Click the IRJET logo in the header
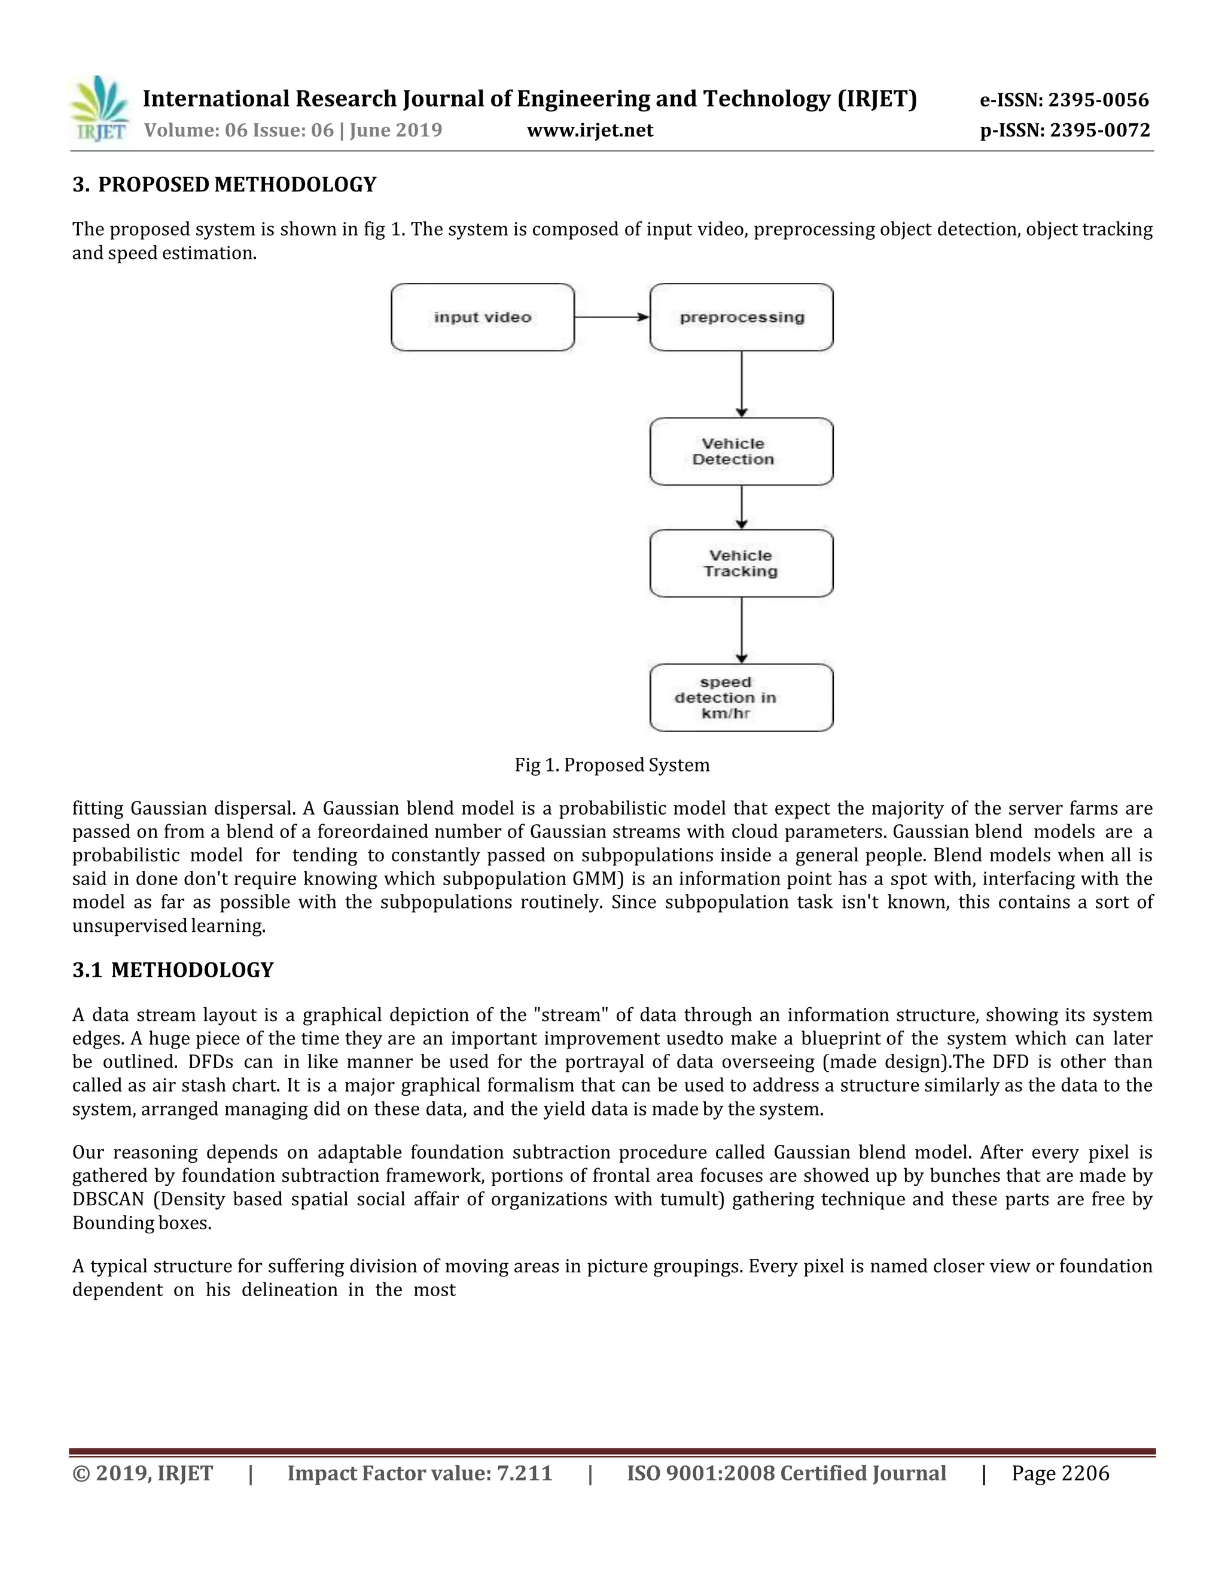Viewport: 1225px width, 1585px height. coord(100,109)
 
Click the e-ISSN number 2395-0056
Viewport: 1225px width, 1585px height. coord(1098,100)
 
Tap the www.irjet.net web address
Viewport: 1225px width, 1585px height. coord(590,130)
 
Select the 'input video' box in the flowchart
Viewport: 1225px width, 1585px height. coord(483,317)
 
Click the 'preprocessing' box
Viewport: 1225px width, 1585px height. coord(741,317)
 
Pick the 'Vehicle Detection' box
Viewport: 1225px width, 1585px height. coord(741,452)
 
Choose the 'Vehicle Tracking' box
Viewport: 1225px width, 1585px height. coord(741,563)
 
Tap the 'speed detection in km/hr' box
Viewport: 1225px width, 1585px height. coord(741,697)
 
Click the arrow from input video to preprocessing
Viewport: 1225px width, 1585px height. coord(612,317)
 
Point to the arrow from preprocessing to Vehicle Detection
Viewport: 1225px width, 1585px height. coord(742,384)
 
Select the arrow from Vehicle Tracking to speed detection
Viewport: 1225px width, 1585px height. coord(742,630)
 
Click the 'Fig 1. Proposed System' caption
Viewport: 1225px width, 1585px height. coord(612,765)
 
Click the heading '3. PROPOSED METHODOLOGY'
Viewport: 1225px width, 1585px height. coord(224,185)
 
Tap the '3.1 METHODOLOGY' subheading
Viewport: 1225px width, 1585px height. coord(173,970)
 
